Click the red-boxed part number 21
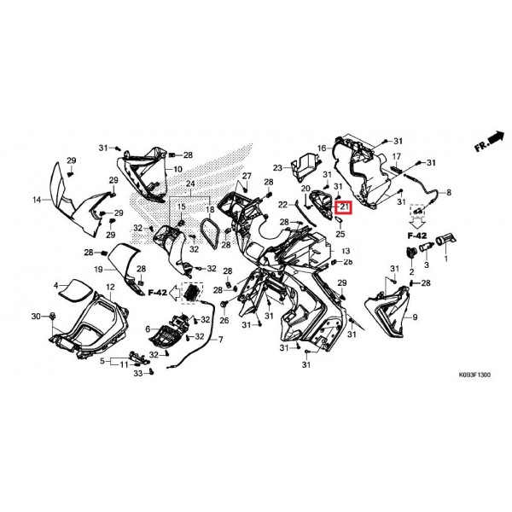(x=345, y=207)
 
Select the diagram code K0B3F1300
(x=474, y=375)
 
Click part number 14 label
(x=37, y=200)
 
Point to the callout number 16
(x=322, y=148)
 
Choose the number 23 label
(x=277, y=168)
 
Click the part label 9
(x=415, y=317)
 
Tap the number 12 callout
(x=110, y=287)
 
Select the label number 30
(x=36, y=316)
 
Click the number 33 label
(x=138, y=373)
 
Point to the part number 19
(x=98, y=270)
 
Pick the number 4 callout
(x=55, y=286)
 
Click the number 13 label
(x=346, y=251)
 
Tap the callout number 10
(x=178, y=169)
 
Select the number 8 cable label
(x=449, y=192)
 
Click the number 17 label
(x=396, y=157)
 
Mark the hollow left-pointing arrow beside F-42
(x=174, y=292)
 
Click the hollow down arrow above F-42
(x=417, y=223)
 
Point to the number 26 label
(x=224, y=320)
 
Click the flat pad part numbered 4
(x=74, y=290)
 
